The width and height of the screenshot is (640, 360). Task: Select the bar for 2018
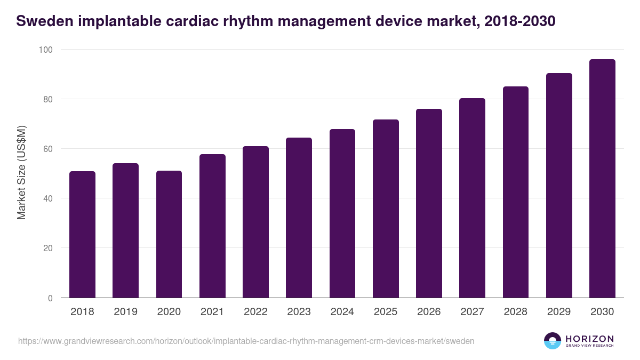[82, 235]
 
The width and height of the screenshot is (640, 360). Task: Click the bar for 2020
[169, 235]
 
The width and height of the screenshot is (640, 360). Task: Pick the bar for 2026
[429, 203]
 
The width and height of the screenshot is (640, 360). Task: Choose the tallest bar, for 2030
[602, 179]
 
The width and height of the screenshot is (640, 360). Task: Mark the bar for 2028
[516, 192]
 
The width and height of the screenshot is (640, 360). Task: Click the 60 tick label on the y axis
[48, 149]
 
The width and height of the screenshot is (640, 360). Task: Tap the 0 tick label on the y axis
[50, 298]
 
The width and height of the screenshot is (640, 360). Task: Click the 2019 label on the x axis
[125, 312]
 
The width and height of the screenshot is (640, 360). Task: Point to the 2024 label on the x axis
[342, 312]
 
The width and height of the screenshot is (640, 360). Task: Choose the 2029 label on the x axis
[559, 312]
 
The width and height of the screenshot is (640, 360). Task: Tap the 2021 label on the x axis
[212, 312]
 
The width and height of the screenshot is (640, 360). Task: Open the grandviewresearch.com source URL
[246, 341]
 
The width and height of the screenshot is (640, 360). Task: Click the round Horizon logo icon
[552, 341]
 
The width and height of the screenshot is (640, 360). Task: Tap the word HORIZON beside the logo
[589, 338]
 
